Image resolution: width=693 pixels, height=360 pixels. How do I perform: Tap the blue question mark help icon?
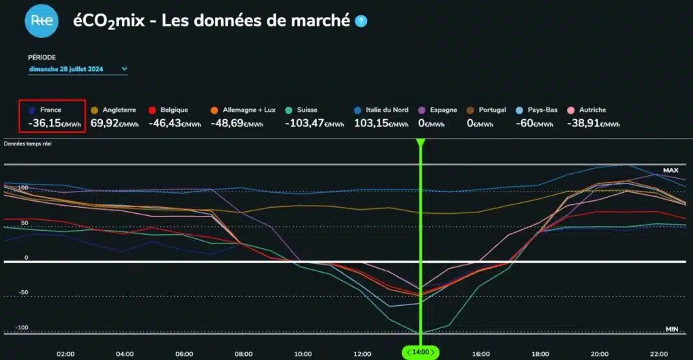(x=361, y=21)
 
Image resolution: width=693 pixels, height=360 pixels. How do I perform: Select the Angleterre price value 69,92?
(x=110, y=123)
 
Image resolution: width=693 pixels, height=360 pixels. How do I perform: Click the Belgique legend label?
(x=175, y=110)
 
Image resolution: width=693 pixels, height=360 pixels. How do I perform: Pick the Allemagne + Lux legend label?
(x=247, y=110)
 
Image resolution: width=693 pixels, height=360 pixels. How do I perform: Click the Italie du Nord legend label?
(x=386, y=110)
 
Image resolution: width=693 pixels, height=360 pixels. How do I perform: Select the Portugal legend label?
(x=492, y=110)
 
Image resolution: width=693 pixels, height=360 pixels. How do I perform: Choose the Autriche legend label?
(x=592, y=110)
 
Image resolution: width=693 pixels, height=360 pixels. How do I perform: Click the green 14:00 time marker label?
(x=420, y=353)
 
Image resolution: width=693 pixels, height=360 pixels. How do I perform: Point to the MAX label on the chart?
(x=670, y=170)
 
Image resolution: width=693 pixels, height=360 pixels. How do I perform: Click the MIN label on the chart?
(x=671, y=329)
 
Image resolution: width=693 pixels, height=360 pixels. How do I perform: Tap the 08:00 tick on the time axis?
(x=244, y=353)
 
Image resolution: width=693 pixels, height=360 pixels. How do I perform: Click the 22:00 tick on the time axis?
(x=658, y=353)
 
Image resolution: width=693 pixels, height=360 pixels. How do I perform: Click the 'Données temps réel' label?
(x=28, y=143)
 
